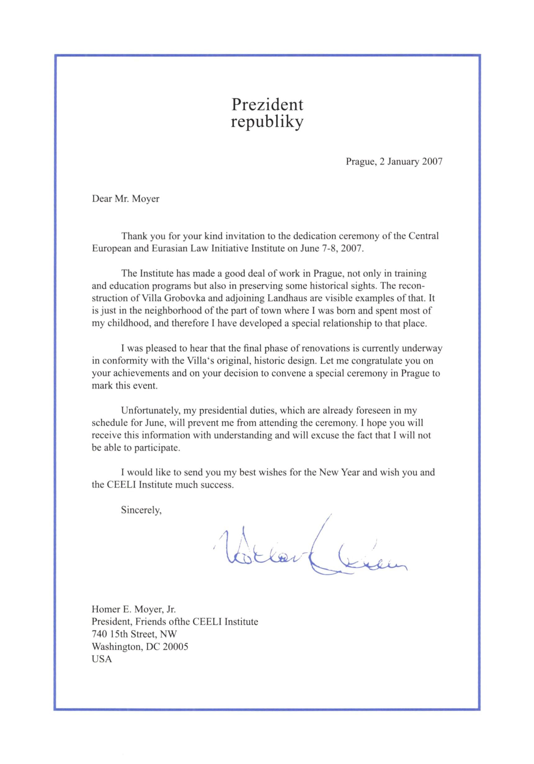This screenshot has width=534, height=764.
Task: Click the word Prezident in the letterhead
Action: pos(267,105)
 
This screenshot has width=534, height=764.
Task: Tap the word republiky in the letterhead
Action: pos(267,122)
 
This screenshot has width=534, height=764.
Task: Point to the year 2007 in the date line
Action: pos(432,162)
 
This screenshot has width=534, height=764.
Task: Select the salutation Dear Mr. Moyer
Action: pos(125,199)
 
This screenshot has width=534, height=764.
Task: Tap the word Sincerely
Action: pos(141,510)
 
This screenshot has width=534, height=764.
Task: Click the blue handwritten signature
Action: pos(310,552)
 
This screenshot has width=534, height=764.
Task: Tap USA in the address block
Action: pos(102,659)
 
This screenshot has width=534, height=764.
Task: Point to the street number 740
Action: pos(99,634)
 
